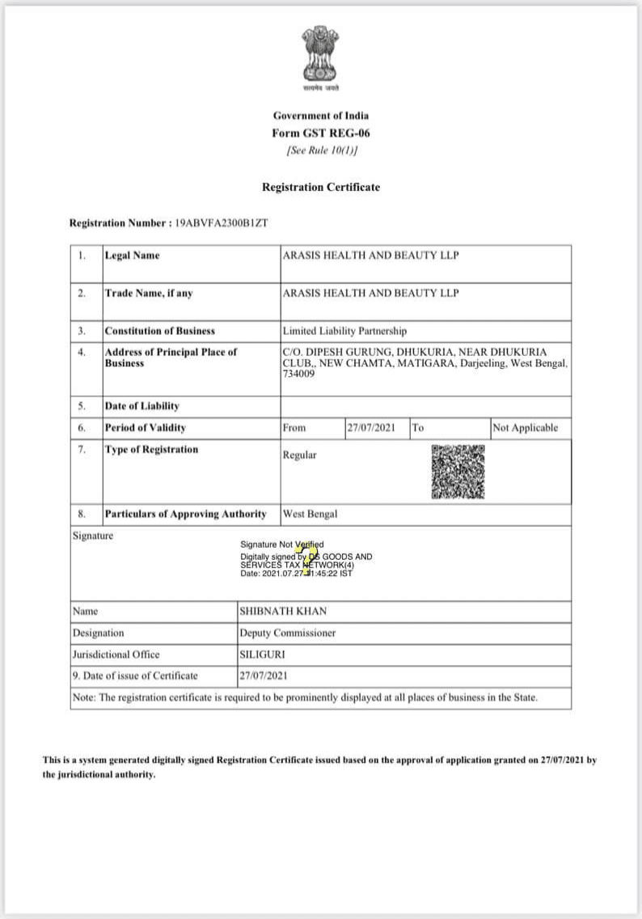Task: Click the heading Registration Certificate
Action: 321,187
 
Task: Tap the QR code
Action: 458,472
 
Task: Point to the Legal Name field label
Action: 132,256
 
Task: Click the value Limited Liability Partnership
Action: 344,331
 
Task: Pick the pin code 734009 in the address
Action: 298,375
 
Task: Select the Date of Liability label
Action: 141,406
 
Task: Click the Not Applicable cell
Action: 525,428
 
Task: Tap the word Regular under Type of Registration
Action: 299,455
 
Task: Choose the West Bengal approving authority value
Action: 310,514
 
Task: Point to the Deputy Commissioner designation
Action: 287,633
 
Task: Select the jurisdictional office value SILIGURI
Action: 262,654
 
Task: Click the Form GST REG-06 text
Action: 321,133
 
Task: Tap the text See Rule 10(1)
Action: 321,151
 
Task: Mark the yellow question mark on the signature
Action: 309,558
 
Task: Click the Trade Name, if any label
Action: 149,293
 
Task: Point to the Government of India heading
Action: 321,116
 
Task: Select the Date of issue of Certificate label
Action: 135,675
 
